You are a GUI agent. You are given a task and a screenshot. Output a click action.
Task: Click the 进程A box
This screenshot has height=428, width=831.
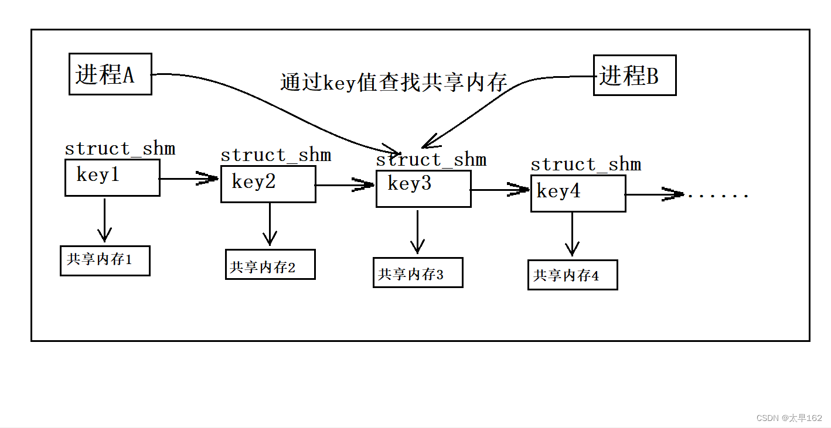[110, 74]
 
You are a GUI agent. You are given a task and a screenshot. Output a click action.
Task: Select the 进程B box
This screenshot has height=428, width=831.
[634, 76]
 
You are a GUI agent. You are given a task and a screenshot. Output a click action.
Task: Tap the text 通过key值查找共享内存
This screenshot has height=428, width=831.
[393, 83]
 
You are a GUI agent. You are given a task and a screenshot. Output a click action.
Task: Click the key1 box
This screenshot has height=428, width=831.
[112, 178]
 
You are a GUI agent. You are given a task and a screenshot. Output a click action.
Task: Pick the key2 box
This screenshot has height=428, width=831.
[268, 184]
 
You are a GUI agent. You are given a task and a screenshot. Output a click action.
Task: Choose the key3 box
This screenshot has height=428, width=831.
[423, 189]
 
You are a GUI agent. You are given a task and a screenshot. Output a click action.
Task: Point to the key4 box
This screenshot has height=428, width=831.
[578, 194]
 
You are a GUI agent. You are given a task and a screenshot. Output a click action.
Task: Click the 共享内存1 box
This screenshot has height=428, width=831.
[105, 261]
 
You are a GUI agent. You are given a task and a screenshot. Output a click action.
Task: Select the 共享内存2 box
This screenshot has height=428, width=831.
[270, 265]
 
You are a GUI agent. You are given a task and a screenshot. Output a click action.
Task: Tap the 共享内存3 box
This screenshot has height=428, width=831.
[418, 273]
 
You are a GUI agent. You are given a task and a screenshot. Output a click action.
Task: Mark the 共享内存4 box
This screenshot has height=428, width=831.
[573, 275]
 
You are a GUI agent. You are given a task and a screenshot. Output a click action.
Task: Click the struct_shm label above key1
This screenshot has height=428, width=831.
[120, 149]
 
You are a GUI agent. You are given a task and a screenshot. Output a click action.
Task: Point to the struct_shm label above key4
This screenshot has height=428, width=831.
[585, 165]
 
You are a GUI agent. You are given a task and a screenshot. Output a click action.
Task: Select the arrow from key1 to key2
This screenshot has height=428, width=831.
[189, 179]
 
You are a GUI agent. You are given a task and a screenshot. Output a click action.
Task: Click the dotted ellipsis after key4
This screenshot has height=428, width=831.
[718, 195]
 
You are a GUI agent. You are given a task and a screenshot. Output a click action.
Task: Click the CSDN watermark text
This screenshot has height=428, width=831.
[789, 418]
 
